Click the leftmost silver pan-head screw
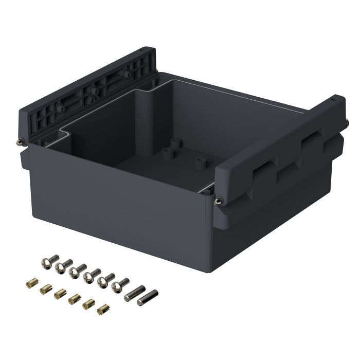click(x=45, y=264)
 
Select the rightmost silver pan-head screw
click(x=123, y=283)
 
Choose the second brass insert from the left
click(x=45, y=287)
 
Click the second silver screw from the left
click(x=61, y=266)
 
